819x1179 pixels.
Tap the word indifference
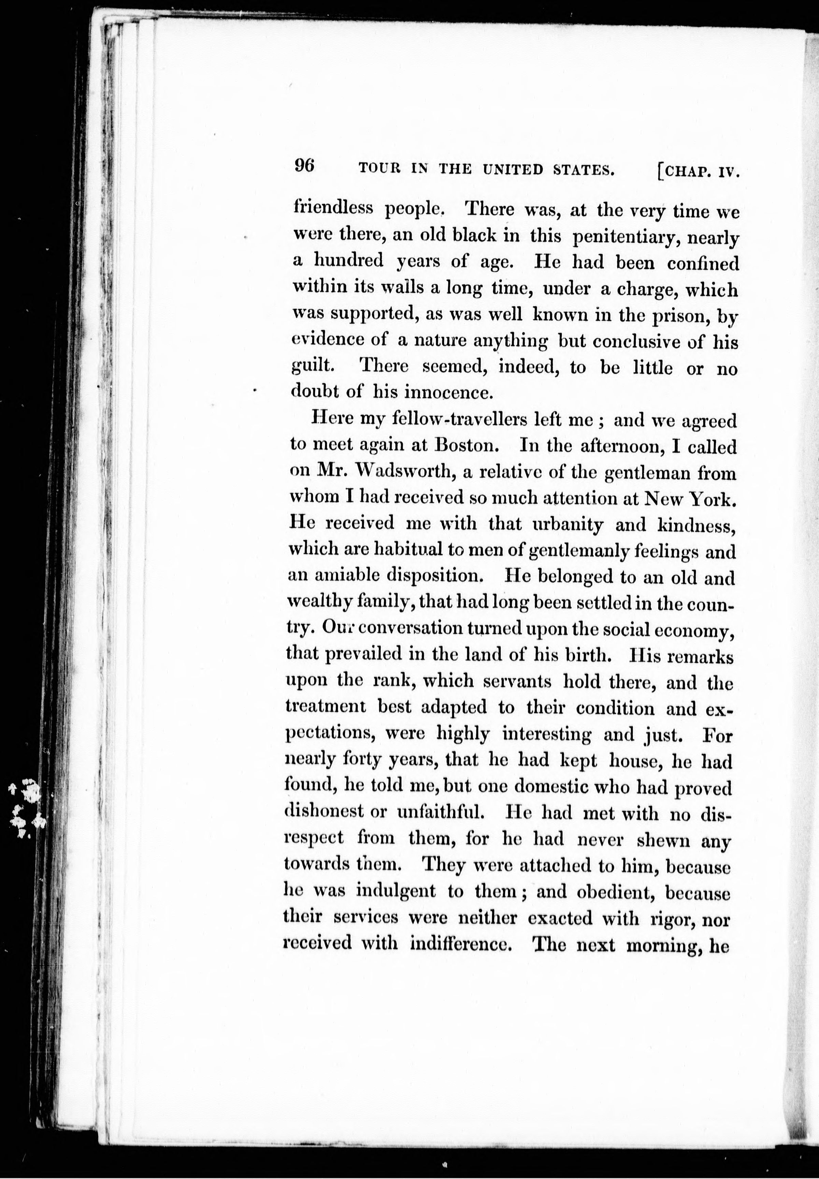[x=462, y=944]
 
